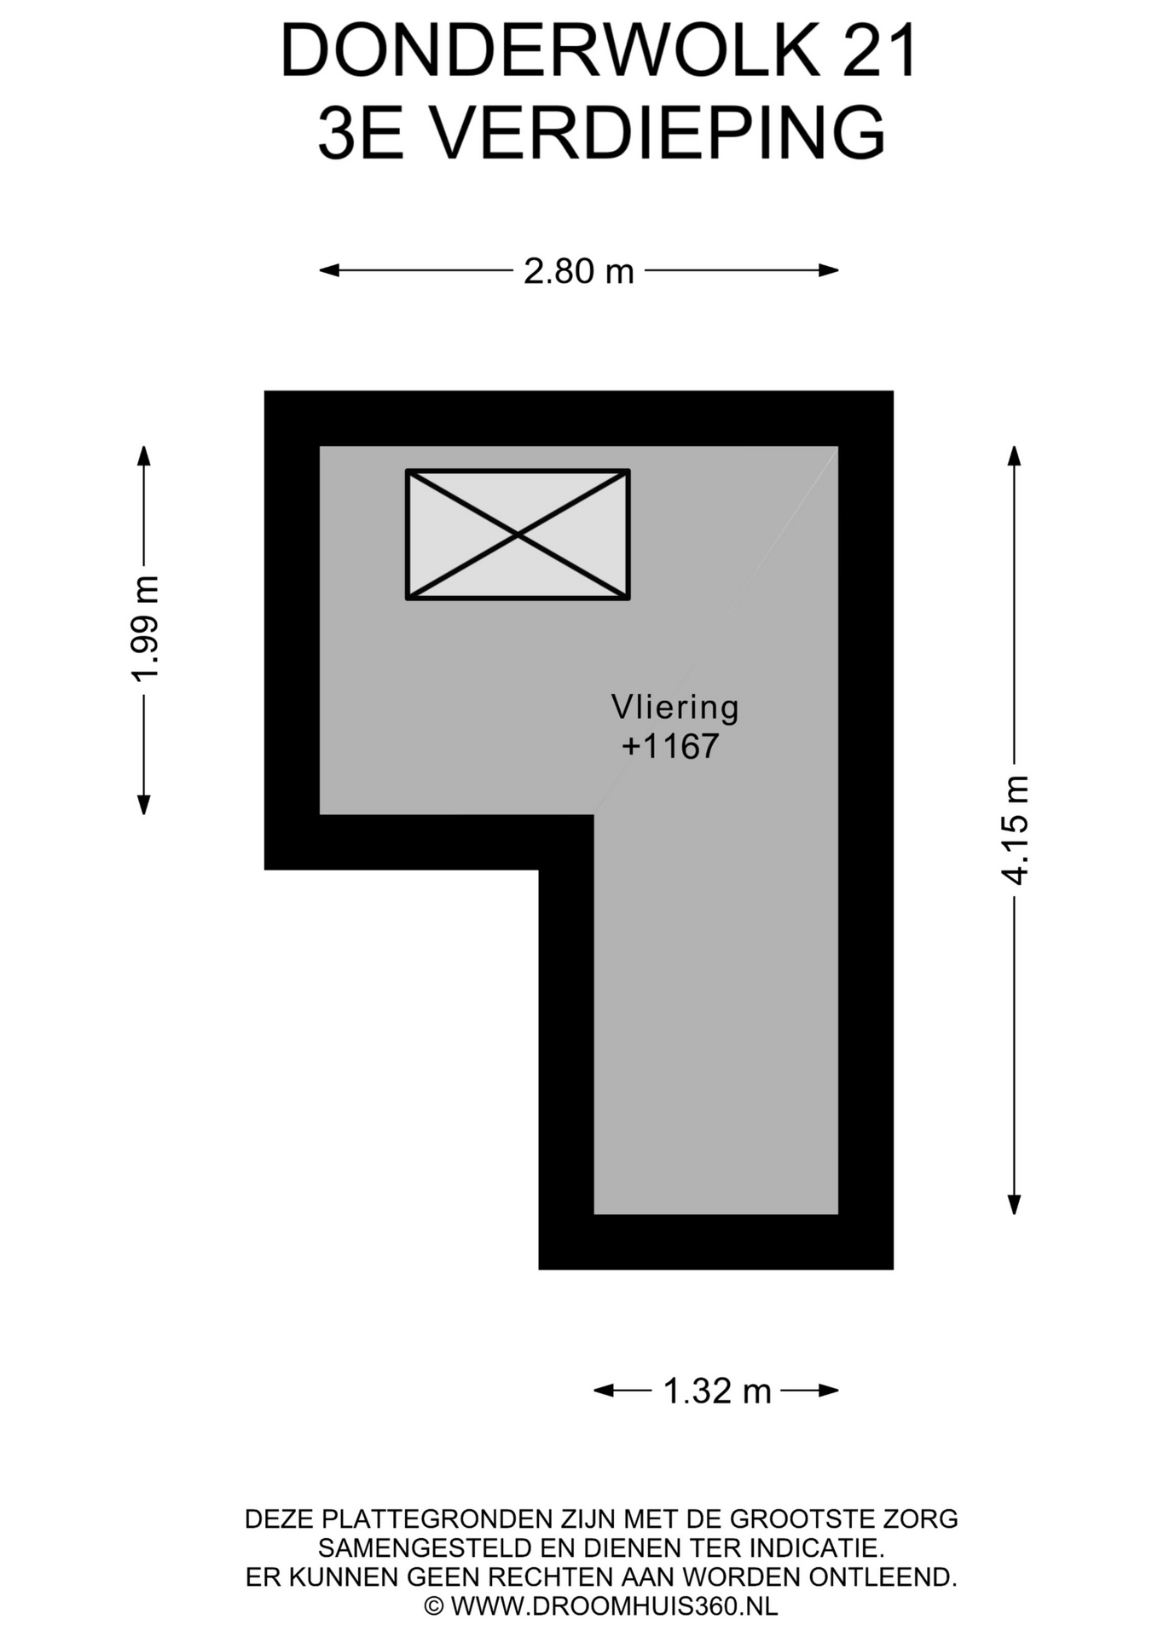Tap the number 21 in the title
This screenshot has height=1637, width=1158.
coord(881,51)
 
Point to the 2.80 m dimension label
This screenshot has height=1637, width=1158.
coord(579,271)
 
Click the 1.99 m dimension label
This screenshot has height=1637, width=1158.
coord(145,629)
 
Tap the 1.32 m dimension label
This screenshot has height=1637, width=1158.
coord(716,1391)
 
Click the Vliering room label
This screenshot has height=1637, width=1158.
coord(675,707)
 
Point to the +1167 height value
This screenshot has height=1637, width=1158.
coord(671,746)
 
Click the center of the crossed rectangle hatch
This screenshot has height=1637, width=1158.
coord(518,535)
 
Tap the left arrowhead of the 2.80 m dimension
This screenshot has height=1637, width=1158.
coord(329,270)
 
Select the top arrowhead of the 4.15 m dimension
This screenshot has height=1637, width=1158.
coord(1014,456)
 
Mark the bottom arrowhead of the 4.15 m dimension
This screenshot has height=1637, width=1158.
coord(1014,1204)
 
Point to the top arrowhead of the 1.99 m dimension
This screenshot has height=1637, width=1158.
coord(144,456)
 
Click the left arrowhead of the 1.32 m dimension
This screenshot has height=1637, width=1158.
coord(604,1391)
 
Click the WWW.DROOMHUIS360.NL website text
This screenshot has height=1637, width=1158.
coord(615,1606)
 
